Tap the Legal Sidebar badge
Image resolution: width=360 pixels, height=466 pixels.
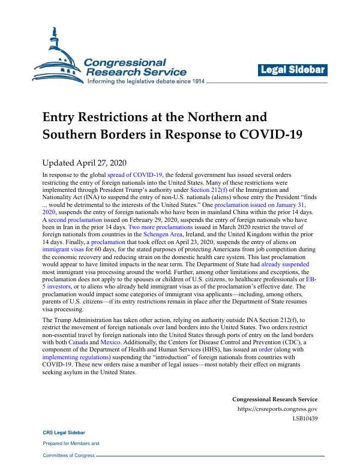pos(293,70)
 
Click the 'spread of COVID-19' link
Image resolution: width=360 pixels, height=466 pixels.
pos(134,175)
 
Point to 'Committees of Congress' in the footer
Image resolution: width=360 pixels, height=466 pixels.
pos(68,455)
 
